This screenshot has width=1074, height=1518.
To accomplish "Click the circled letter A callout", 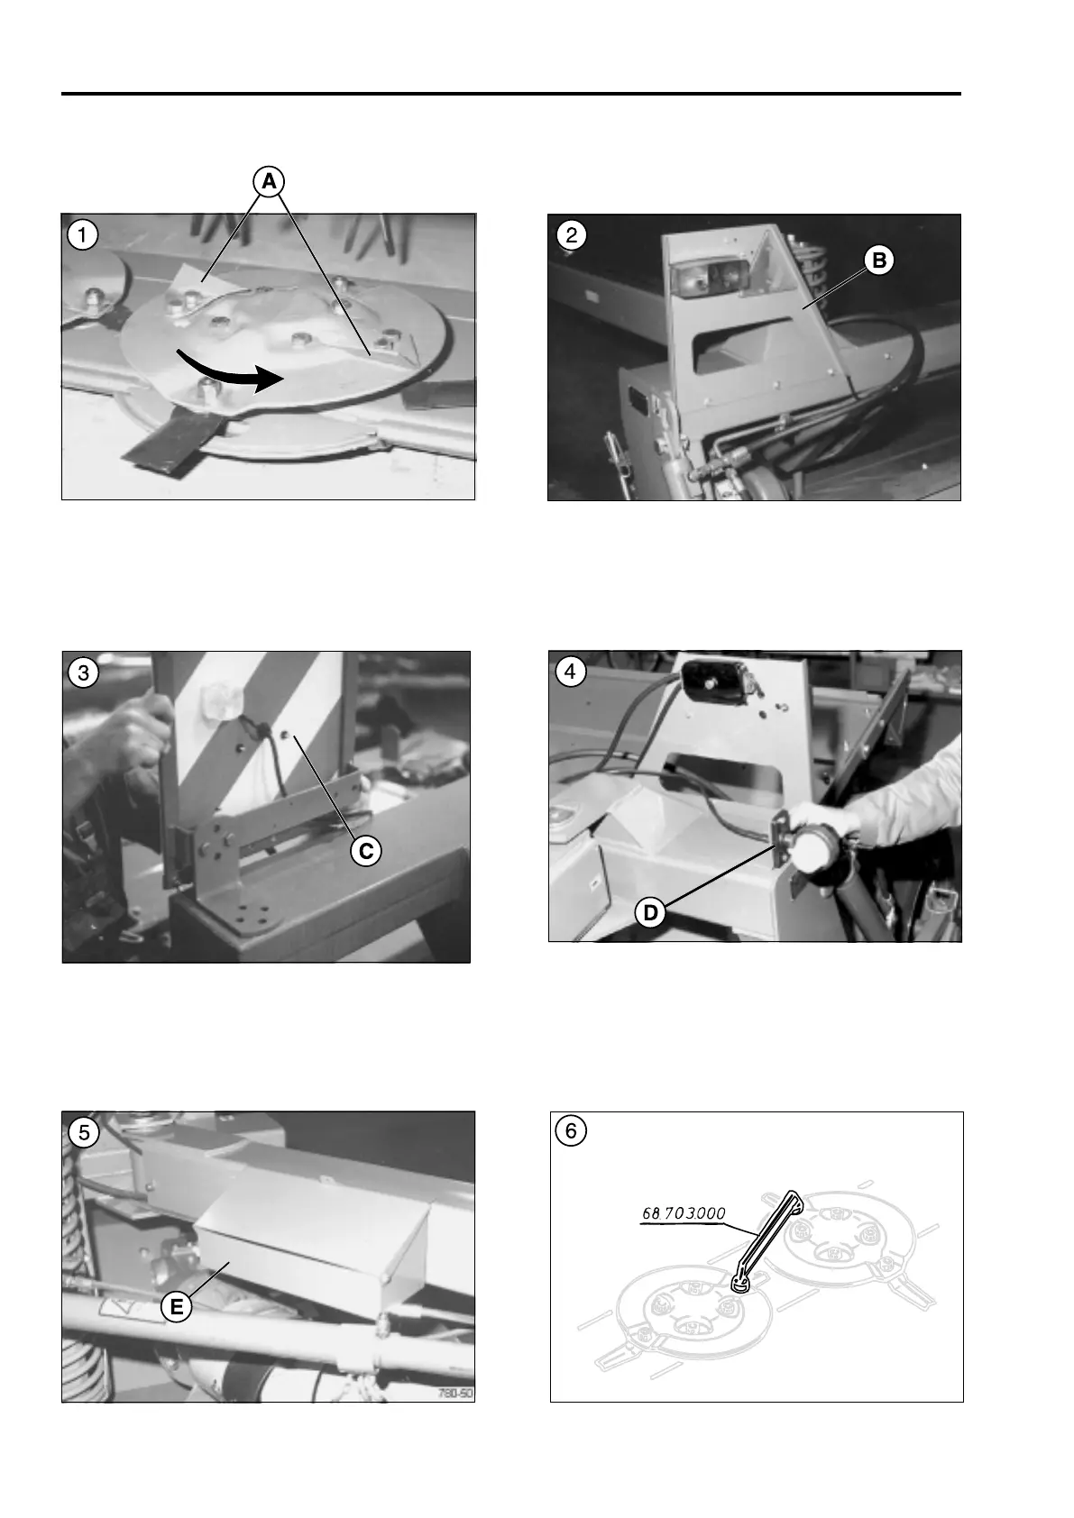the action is pyautogui.click(x=270, y=181).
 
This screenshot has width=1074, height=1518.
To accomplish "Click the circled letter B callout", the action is pyautogui.click(x=878, y=261).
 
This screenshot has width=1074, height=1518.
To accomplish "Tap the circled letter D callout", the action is pyautogui.click(x=650, y=913).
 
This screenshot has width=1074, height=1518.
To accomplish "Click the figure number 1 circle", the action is pyautogui.click(x=83, y=235).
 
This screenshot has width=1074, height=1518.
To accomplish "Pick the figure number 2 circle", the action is pyautogui.click(x=571, y=235).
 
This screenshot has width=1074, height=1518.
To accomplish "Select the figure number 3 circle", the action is pyautogui.click(x=83, y=673).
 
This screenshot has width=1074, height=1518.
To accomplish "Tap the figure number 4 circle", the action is pyautogui.click(x=570, y=672).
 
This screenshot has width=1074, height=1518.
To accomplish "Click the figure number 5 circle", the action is pyautogui.click(x=83, y=1132).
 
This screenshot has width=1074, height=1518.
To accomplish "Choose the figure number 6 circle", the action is pyautogui.click(x=571, y=1131).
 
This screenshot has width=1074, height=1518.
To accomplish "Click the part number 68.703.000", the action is pyautogui.click(x=684, y=1213).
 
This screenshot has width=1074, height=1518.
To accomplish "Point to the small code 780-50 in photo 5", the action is pyautogui.click(x=455, y=1394).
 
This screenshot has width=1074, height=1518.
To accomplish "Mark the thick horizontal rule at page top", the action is pyautogui.click(x=511, y=94).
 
